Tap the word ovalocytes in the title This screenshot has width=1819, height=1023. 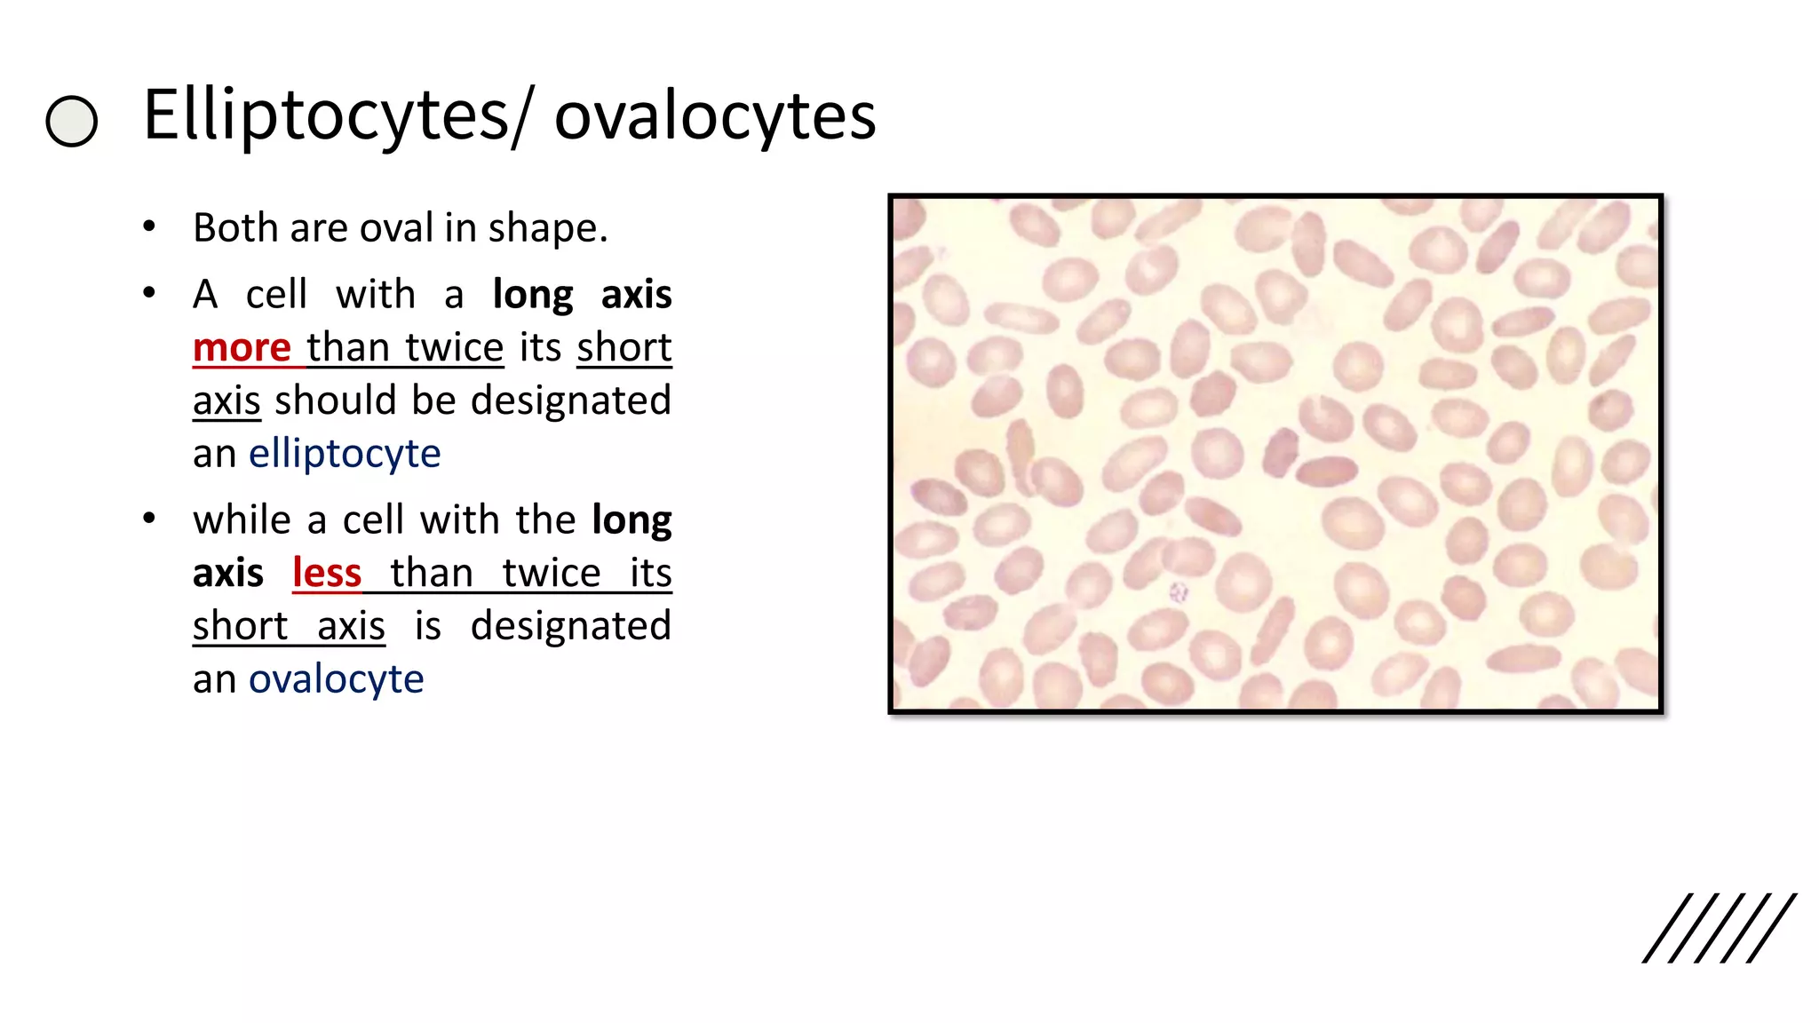(715, 115)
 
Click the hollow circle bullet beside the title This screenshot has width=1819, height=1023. (71, 122)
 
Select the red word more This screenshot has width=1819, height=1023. (242, 347)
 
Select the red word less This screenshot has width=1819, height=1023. (327, 573)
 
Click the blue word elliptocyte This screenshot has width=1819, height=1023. (345, 454)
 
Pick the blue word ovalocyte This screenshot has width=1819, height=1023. (336, 679)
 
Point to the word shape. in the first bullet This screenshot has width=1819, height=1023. (548, 228)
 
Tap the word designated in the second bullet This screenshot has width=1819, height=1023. (570, 400)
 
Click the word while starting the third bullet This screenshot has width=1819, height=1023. (242, 519)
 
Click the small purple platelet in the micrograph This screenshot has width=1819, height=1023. (1179, 591)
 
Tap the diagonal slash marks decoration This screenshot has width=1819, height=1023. (1719, 928)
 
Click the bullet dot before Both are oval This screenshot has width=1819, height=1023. (149, 227)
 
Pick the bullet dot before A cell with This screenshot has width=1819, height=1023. (149, 293)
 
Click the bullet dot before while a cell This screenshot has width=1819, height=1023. (149, 519)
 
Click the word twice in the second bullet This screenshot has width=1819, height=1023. (455, 347)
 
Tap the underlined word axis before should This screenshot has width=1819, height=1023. (226, 400)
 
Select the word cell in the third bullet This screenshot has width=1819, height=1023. (373, 519)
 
